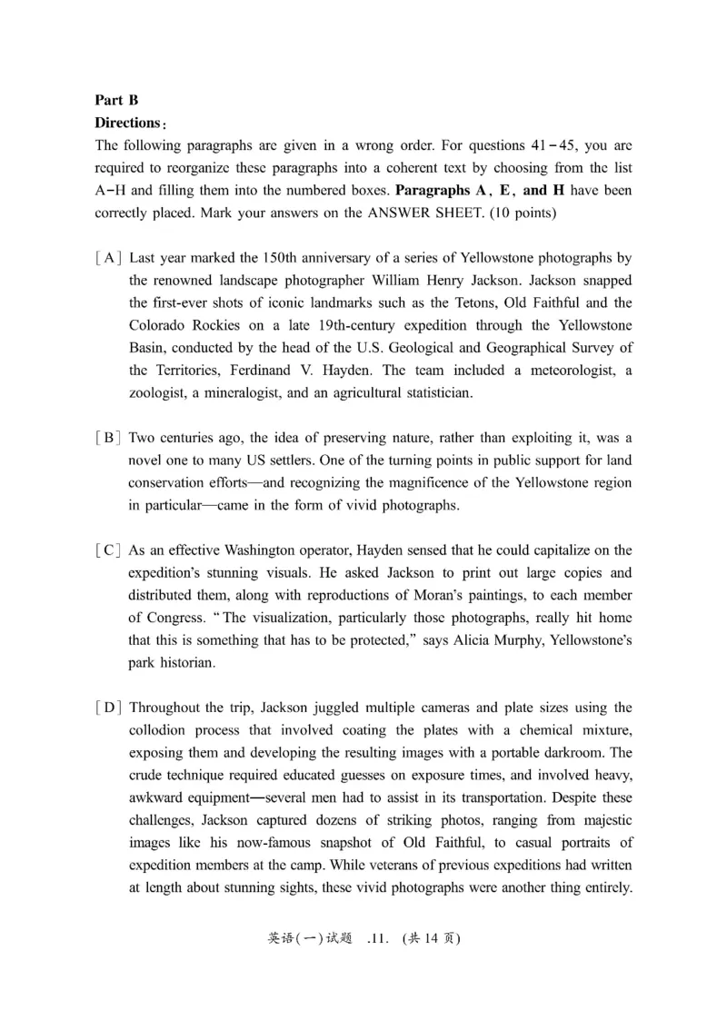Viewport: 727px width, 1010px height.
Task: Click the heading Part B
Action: tap(116, 101)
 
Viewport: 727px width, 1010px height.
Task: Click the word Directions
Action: tap(128, 123)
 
